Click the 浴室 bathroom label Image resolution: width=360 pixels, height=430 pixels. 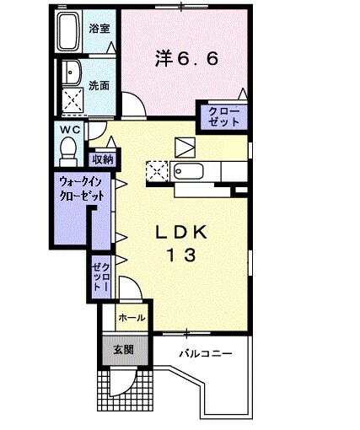(99, 29)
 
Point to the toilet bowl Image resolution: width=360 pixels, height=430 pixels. (68, 149)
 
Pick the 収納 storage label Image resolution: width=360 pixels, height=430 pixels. (104, 157)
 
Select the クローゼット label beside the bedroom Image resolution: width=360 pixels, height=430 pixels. (223, 116)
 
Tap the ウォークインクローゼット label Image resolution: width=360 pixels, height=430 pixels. (82, 187)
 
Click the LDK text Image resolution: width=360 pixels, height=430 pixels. (184, 232)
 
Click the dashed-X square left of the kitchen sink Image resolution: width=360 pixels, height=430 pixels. (157, 172)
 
